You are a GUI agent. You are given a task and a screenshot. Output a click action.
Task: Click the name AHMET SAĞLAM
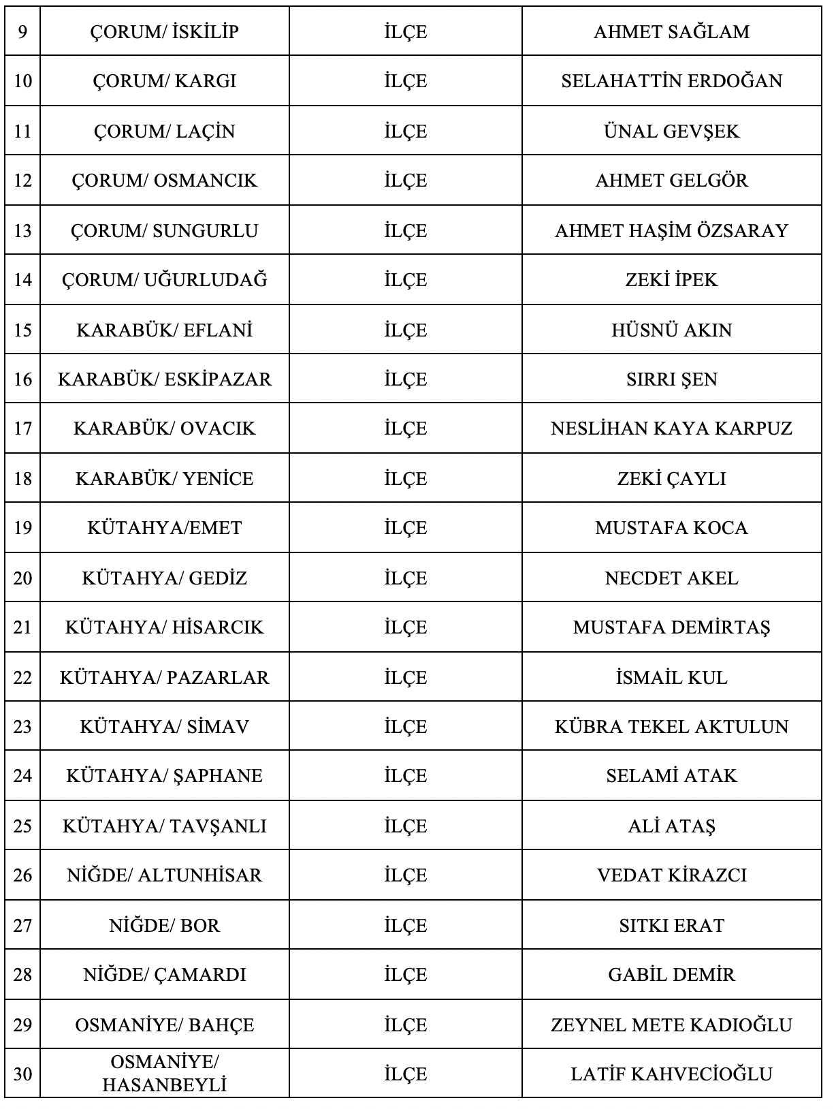[x=671, y=32]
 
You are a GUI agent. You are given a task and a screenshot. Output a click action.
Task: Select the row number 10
[x=22, y=81]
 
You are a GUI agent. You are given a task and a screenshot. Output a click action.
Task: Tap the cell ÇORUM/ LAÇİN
[x=164, y=131]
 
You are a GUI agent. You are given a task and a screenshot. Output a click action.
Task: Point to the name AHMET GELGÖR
[x=671, y=181]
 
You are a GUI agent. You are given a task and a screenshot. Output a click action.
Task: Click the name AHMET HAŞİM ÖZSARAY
[x=671, y=231]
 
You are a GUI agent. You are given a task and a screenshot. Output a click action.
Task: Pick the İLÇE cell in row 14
[x=405, y=280]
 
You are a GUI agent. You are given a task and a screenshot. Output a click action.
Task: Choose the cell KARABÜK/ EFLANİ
[x=164, y=330]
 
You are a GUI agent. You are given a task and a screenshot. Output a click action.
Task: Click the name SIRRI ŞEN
[x=671, y=379]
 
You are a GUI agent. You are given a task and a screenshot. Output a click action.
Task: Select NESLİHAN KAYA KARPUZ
[x=671, y=428]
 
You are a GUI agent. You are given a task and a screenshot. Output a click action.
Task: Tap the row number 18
[x=22, y=479]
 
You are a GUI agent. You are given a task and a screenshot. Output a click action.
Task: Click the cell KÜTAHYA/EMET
[x=164, y=528]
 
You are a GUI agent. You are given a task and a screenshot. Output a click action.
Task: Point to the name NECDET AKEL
[x=671, y=578]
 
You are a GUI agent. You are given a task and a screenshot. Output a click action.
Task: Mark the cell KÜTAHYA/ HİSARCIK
[x=164, y=627]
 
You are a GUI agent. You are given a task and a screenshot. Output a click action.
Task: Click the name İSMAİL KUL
[x=671, y=678]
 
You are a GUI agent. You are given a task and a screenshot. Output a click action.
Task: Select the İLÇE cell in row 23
[x=405, y=727]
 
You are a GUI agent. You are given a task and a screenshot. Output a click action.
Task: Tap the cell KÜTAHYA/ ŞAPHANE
[x=164, y=776]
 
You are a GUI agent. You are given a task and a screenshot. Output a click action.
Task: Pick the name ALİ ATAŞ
[x=671, y=826]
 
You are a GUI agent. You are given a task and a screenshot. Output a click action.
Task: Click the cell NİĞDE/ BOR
[x=164, y=926]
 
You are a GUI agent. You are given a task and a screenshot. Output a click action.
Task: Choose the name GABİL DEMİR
[x=671, y=975]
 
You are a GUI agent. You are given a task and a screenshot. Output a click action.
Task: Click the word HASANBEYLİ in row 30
[x=164, y=1084]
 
